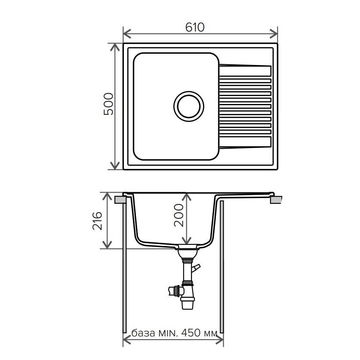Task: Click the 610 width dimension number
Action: click(x=195, y=27)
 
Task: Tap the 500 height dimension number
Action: click(x=109, y=104)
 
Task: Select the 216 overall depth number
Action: click(x=97, y=221)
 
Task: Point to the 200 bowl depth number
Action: click(x=179, y=215)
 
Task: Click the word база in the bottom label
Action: click(x=143, y=333)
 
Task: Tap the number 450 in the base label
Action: click(x=191, y=332)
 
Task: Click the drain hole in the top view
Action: click(x=189, y=106)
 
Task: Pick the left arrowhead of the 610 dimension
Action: click(x=127, y=34)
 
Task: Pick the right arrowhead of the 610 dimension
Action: click(x=274, y=34)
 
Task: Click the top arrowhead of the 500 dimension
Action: click(x=115, y=47)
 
